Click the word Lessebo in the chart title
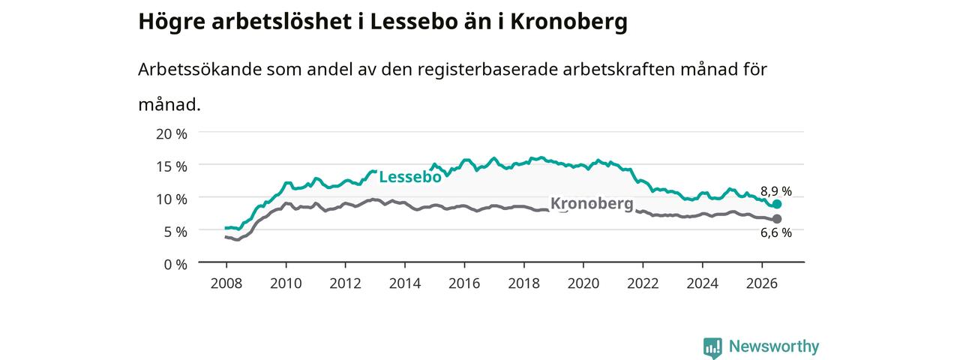tap(415, 21)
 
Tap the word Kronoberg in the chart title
tap(568, 22)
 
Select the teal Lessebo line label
tap(410, 176)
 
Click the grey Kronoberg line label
tap(592, 203)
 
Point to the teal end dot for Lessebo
tap(776, 204)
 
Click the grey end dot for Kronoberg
tap(776, 219)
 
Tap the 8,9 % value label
tap(775, 191)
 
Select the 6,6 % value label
tap(775, 232)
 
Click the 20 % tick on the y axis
tap(172, 134)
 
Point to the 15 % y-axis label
tap(172, 166)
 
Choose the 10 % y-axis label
tap(172, 199)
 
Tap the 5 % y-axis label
tap(175, 232)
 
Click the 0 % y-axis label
tap(175, 265)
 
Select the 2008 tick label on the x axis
tap(226, 283)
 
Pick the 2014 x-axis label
tap(404, 283)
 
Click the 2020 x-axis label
tap(583, 283)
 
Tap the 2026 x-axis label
tap(761, 283)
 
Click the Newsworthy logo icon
tap(712, 347)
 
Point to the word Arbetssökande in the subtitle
tap(199, 70)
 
